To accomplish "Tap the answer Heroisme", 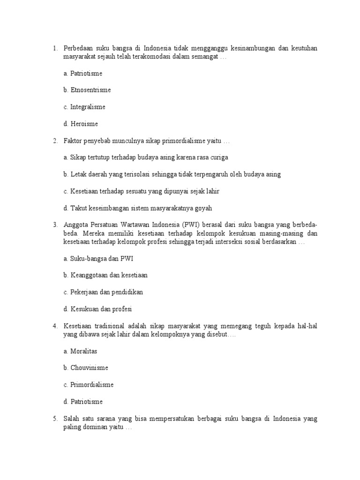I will point(84,124).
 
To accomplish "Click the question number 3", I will point(55,225).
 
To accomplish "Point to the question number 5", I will point(55,419).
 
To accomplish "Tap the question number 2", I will point(55,141).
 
